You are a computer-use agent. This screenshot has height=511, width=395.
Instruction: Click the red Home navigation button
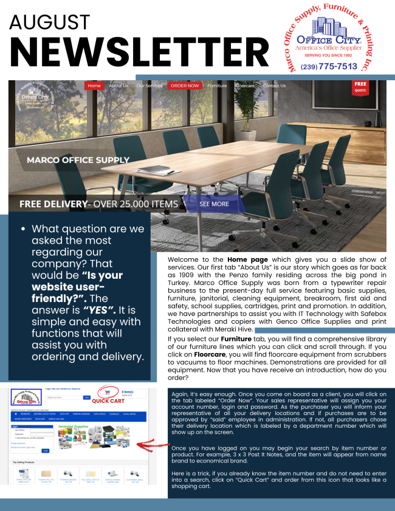[94, 86]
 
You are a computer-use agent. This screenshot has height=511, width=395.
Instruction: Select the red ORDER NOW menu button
[184, 86]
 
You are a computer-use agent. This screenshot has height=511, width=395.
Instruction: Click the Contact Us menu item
[274, 86]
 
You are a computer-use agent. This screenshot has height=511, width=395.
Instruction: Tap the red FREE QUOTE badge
[360, 87]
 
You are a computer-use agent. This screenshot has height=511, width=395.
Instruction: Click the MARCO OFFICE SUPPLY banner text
[78, 160]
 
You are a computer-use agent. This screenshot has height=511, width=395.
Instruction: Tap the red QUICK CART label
[108, 401]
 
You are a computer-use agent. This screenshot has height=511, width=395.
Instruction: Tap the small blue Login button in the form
[45, 450]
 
